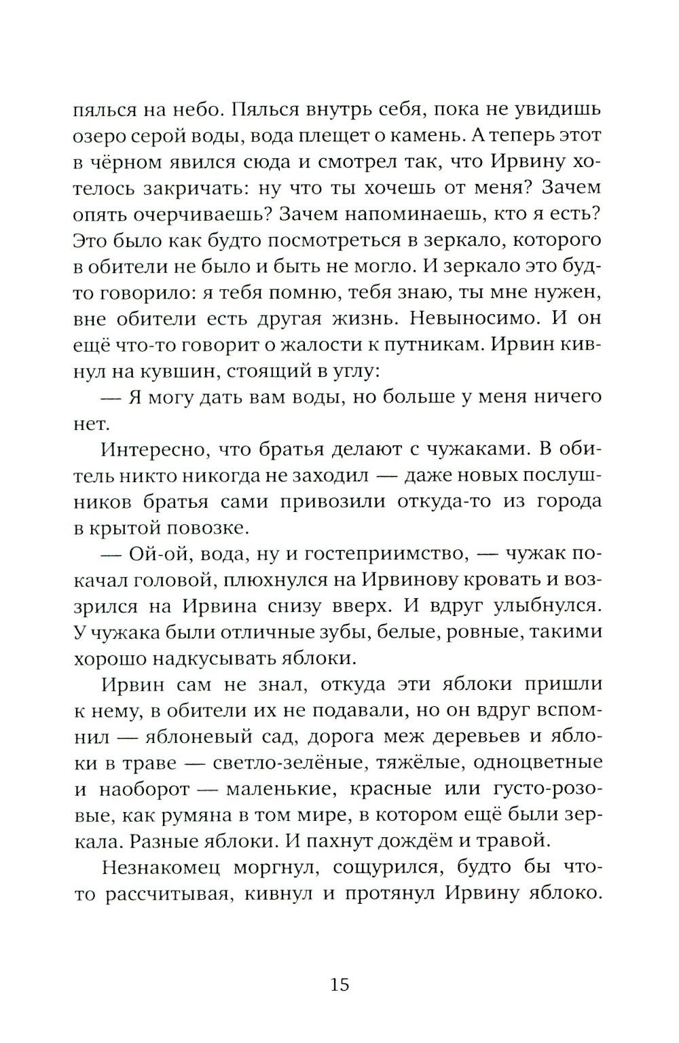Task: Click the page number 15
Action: pyautogui.click(x=339, y=984)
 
